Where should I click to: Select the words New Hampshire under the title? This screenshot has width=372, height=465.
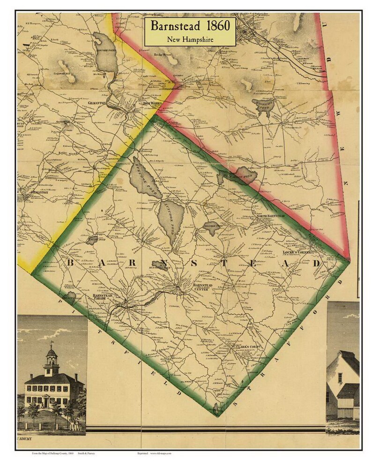(x=190, y=40)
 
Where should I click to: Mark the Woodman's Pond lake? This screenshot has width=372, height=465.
(x=261, y=108)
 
